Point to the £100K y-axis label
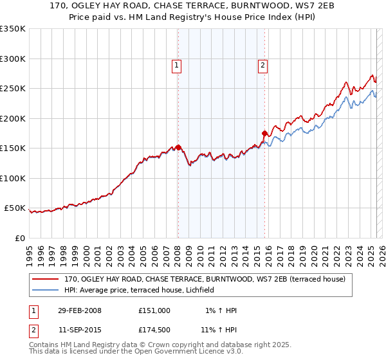tap(13, 178)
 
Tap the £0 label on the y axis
tap(19, 238)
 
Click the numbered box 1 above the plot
tap(176, 64)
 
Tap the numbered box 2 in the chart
tap(264, 64)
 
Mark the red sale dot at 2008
tap(178, 147)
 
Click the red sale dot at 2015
tap(264, 134)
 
